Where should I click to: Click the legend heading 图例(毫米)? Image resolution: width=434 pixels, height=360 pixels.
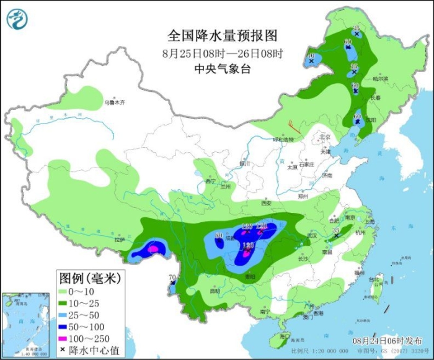[x=91, y=276]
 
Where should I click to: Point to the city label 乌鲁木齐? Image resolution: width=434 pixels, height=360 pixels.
[x=114, y=102]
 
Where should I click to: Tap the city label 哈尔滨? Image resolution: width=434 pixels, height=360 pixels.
[x=380, y=79]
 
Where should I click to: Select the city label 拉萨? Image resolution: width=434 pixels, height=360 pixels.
[x=119, y=240]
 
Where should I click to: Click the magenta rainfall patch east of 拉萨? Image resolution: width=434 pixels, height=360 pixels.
[x=153, y=250]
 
